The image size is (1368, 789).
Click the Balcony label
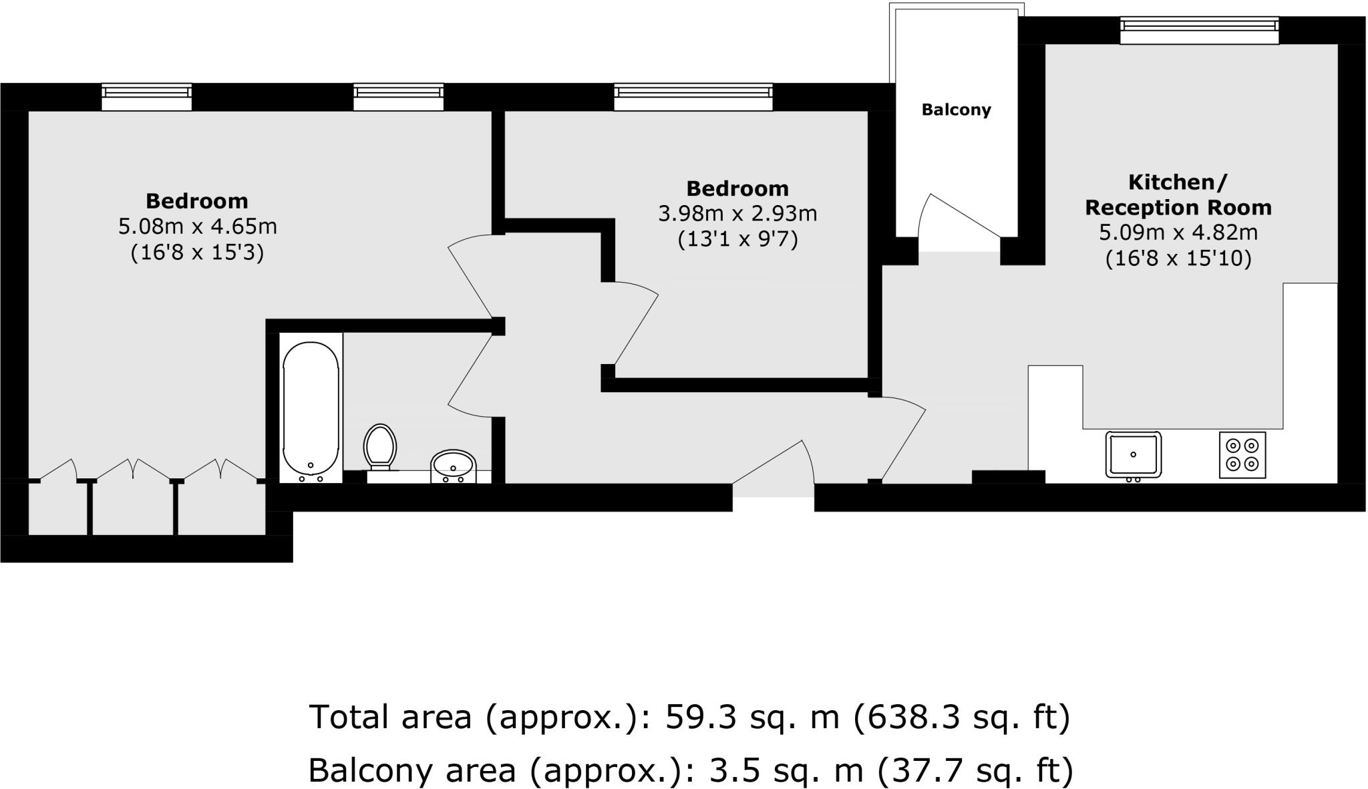pos(956,110)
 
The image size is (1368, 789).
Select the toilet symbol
pos(380,445)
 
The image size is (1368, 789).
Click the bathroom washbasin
pos(453,465)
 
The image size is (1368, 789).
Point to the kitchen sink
pos(1133,454)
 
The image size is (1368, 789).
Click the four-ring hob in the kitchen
pos(1242,454)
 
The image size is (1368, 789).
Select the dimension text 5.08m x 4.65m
pos(197,227)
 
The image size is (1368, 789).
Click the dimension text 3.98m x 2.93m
pos(737,214)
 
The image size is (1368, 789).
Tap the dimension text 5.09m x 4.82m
pos(1178,233)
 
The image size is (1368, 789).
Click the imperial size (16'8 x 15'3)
pos(197,253)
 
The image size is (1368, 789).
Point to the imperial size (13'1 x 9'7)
pos(737,239)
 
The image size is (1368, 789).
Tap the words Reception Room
pos(1178,208)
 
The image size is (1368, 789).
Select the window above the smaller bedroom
pos(693,97)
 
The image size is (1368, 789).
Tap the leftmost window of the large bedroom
pos(146,97)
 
